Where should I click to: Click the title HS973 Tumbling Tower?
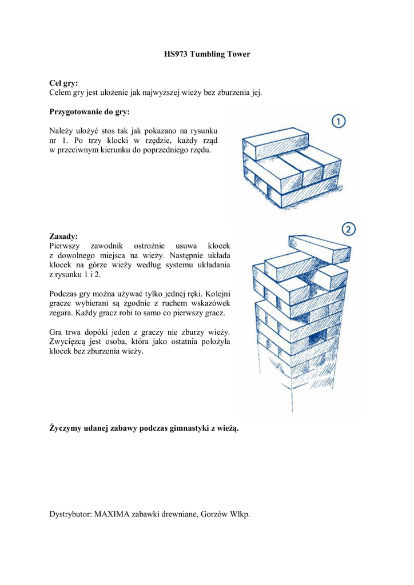pos(206,54)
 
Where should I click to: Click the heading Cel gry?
pos(63,83)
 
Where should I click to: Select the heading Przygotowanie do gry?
pos(90,111)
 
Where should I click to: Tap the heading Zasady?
pos(63,236)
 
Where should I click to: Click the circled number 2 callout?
pos(349,230)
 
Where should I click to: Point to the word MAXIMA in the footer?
pos(112,514)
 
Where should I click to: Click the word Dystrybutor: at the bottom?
pos(70,514)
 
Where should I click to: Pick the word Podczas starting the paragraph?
pos(65,294)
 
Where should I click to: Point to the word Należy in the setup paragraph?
pos(62,131)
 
